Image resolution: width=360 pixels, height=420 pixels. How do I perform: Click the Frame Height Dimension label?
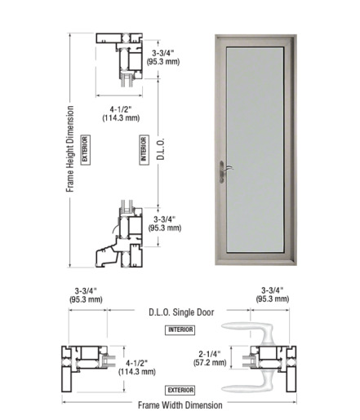[70, 149]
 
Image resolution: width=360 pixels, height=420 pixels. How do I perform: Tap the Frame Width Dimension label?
[180, 405]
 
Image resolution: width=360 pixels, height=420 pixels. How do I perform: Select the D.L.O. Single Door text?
[181, 312]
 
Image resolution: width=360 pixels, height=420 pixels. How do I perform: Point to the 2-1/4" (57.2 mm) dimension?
[210, 358]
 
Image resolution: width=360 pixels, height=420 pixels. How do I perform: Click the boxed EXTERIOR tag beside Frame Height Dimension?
[85, 150]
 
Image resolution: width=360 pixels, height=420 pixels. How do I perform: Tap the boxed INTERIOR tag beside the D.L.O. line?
[144, 150]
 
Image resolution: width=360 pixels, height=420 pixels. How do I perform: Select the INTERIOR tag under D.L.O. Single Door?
[180, 329]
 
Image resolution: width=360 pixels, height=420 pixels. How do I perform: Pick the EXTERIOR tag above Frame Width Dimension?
[180, 390]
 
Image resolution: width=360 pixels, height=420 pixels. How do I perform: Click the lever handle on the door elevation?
[223, 171]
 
